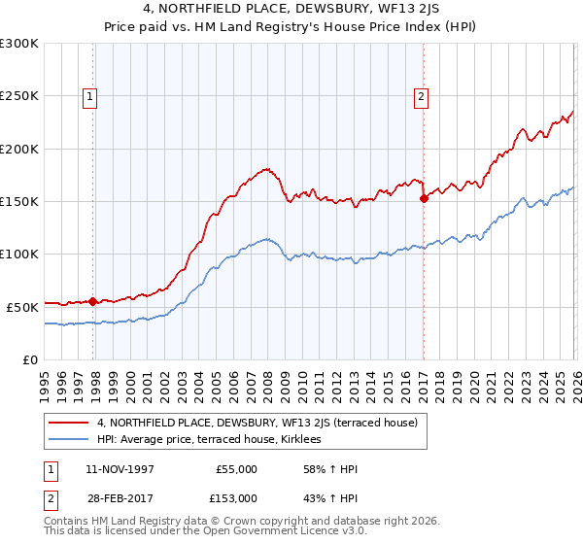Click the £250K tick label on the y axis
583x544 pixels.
19,96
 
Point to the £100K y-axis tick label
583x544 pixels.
19,254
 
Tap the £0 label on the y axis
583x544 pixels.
30,359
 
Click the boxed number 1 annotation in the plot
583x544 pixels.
89,96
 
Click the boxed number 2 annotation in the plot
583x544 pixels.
421,96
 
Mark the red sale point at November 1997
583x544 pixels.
92,301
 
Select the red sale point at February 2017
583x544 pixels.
424,198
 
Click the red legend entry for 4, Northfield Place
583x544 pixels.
257,423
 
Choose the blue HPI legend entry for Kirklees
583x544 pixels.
216,440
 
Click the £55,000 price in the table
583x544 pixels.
235,469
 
